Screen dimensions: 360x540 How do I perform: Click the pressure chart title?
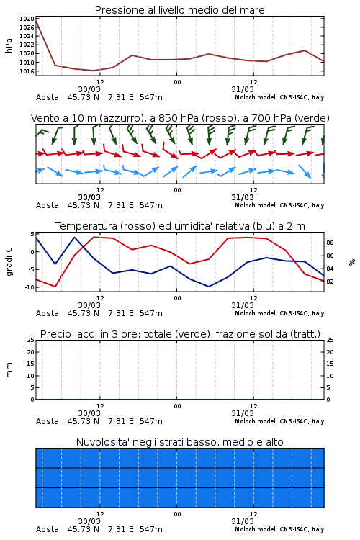pyautogui.click(x=179, y=10)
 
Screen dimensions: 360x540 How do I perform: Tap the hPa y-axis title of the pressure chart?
pyautogui.click(x=9, y=45)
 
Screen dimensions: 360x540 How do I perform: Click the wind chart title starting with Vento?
pyautogui.click(x=180, y=118)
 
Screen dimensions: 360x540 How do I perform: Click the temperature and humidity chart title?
pyautogui.click(x=180, y=226)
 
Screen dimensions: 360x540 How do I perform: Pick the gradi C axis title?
pyautogui.click(x=9, y=261)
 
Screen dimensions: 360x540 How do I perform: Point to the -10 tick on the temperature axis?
pyautogui.click(x=30, y=287)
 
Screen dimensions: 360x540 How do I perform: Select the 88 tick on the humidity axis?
pyautogui.click(x=330, y=243)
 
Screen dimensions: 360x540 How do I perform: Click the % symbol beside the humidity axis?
pyautogui.click(x=352, y=262)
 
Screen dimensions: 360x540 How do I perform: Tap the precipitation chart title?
pyautogui.click(x=180, y=334)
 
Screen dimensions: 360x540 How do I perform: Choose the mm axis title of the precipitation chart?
pyautogui.click(x=9, y=369)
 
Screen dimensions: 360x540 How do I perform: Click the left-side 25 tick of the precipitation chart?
pyautogui.click(x=31, y=340)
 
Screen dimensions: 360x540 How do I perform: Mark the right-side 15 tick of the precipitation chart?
pyautogui.click(x=330, y=364)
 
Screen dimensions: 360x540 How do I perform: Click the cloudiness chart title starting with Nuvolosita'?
pyautogui.click(x=179, y=442)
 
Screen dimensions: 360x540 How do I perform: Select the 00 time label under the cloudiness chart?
pyautogui.click(x=177, y=514)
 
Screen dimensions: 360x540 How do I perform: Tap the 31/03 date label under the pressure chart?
pyautogui.click(x=243, y=89)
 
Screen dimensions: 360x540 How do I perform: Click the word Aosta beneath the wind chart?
pyautogui.click(x=48, y=205)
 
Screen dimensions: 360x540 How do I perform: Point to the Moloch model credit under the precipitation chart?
pyautogui.click(x=279, y=421)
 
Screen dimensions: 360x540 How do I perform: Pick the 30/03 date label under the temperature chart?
pyautogui.click(x=89, y=305)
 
